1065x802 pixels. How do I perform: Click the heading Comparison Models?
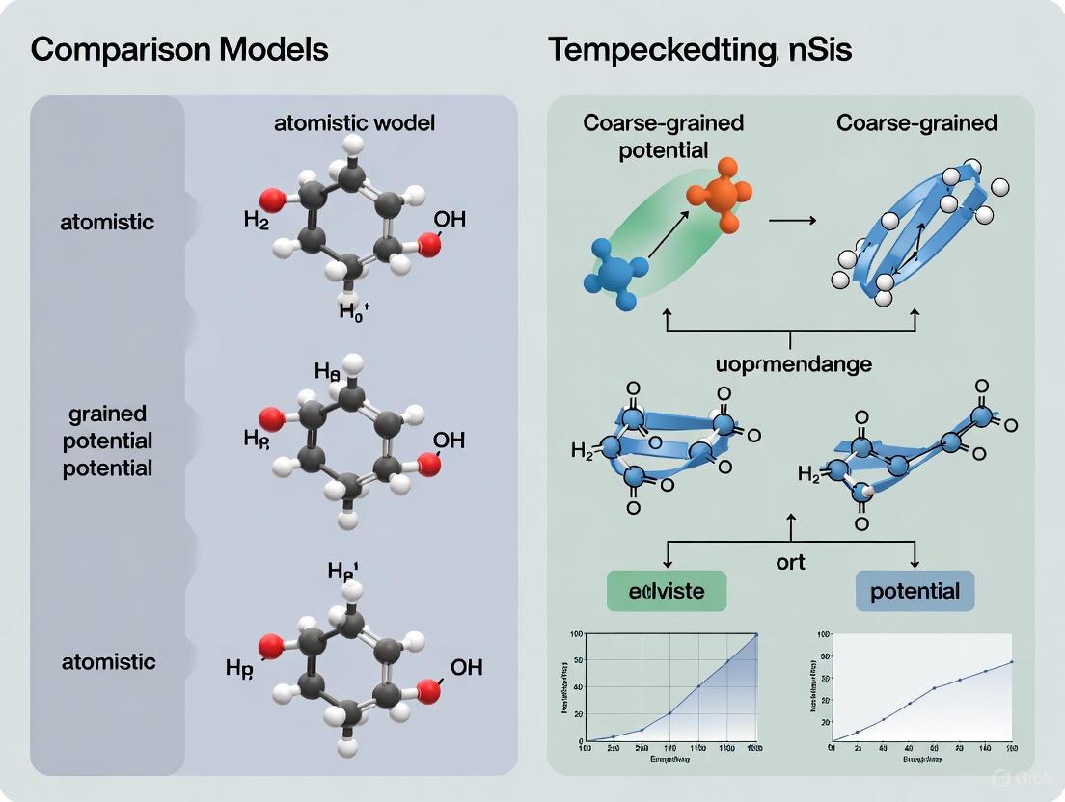179,49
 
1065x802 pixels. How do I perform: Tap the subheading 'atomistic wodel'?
354,122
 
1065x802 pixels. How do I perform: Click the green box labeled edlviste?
667,590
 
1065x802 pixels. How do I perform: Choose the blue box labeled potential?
915,590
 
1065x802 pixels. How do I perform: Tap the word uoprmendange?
793,364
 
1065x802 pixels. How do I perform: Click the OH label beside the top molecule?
449,220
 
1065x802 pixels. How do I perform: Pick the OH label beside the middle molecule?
449,441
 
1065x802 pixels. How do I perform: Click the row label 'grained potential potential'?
108,441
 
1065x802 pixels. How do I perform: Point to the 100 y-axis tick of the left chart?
576,634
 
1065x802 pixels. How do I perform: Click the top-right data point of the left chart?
757,635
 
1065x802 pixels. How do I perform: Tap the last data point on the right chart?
1011,662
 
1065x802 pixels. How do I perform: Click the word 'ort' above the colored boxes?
791,561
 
